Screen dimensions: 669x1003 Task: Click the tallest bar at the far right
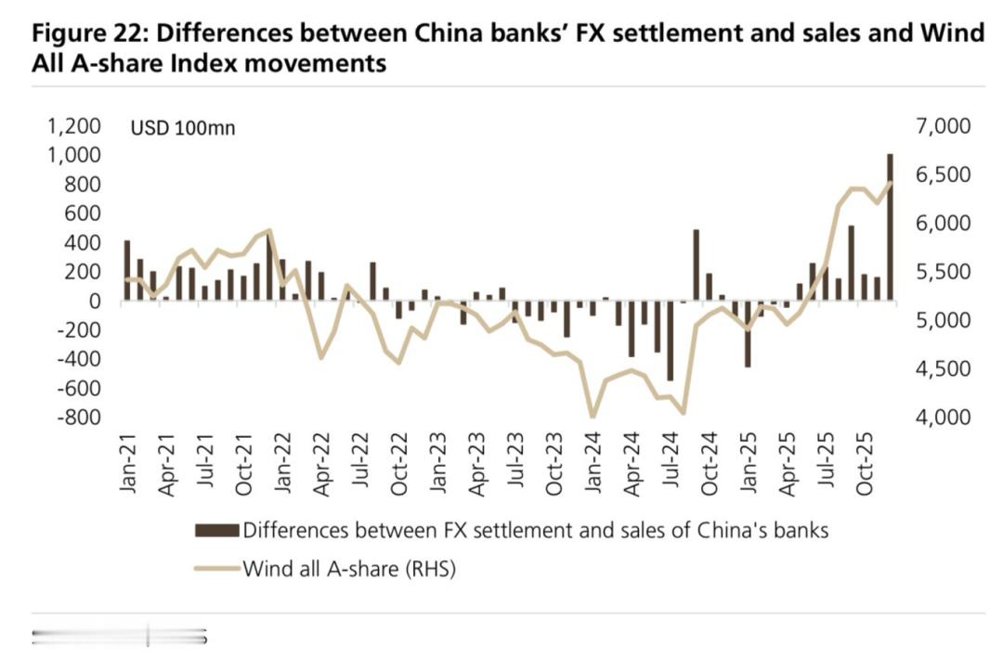coord(890,227)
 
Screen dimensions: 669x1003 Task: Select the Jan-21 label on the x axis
coord(127,461)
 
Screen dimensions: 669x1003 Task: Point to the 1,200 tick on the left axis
coord(72,126)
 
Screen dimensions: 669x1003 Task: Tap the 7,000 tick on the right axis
coord(942,126)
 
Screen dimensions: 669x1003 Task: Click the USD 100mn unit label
coord(183,128)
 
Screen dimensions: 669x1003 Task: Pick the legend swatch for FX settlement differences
coord(216,531)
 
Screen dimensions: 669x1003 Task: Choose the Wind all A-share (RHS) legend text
coord(349,568)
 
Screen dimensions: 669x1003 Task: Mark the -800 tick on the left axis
coord(78,418)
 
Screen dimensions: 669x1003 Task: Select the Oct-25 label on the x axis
coord(866,462)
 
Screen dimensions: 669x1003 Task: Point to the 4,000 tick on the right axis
coord(942,418)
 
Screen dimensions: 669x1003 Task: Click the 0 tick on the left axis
coord(95,302)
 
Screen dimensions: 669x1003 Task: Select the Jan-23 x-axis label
coord(438,462)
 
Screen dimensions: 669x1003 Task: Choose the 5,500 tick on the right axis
coord(942,272)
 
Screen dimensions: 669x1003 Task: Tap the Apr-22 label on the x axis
coord(321,462)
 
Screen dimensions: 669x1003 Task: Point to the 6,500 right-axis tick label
coord(942,174)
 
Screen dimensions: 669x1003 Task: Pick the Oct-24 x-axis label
coord(710,462)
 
